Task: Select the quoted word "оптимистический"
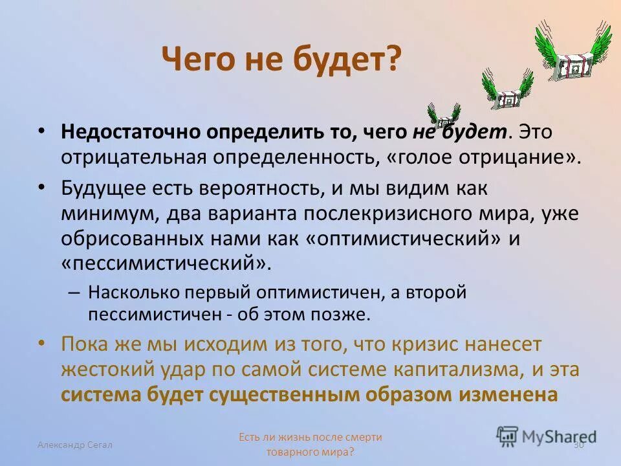click(402, 238)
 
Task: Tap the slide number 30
click(578, 445)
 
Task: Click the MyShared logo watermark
click(547, 436)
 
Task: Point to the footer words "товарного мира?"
click(310, 452)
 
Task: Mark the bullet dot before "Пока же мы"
click(42, 342)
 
